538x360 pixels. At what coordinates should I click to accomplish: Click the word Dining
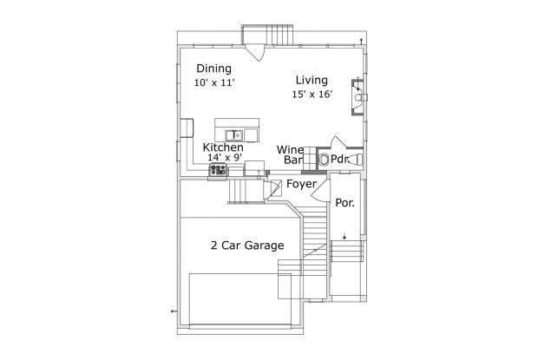click(x=213, y=69)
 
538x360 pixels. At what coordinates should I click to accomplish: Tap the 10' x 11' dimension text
click(x=214, y=82)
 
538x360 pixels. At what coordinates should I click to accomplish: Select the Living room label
click(x=312, y=81)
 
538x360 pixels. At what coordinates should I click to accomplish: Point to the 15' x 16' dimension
click(x=312, y=95)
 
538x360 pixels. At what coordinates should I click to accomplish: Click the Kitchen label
click(x=223, y=147)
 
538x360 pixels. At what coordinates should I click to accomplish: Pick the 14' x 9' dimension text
click(x=225, y=158)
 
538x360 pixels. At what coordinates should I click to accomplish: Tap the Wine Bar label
click(x=291, y=154)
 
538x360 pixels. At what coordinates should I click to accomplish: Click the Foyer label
click(x=301, y=184)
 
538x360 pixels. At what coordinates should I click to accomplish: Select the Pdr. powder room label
click(x=339, y=160)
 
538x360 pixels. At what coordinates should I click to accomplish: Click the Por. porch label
click(x=344, y=203)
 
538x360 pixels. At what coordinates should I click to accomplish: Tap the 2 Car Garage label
click(x=247, y=245)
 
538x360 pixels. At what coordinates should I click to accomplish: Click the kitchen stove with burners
click(x=218, y=170)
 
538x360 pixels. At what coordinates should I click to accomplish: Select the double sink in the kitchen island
click(x=234, y=135)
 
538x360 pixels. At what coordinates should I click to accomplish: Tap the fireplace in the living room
click(x=358, y=97)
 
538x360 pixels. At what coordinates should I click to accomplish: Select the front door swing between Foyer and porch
click(x=320, y=191)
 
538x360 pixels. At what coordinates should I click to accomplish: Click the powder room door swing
click(x=339, y=142)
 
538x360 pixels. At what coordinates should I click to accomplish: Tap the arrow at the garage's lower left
click(x=174, y=311)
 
